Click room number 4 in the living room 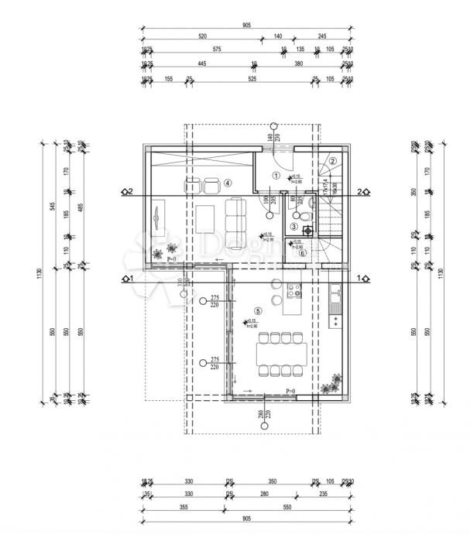(228, 183)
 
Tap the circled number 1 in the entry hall (276, 176)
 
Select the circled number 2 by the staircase (332, 161)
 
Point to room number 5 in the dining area (259, 311)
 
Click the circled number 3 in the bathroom (294, 227)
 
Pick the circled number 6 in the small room (302, 252)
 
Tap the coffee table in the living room (205, 219)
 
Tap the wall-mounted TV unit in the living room (158, 217)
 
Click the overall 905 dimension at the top (246, 26)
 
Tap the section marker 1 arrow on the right (360, 276)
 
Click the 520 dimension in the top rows (202, 36)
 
